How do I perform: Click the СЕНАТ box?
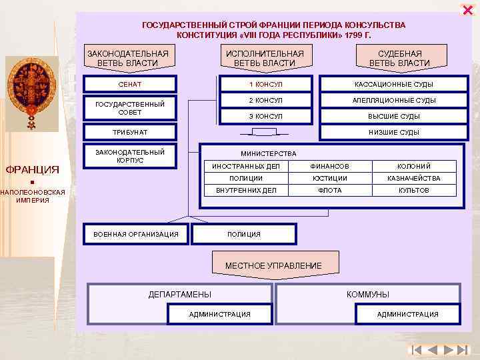coord(130,84)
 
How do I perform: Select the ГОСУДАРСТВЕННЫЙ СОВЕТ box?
coord(130,108)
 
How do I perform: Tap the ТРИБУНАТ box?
coord(130,132)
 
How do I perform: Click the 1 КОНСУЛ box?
coord(265,84)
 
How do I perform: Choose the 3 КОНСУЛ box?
coord(265,116)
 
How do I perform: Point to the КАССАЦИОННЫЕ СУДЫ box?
coord(394,84)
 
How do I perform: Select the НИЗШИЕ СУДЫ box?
coord(394,132)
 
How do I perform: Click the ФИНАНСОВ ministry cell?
coord(329,166)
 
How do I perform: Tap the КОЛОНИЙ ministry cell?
coord(414,166)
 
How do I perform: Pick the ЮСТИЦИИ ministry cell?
coord(329,178)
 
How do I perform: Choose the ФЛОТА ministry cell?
coord(329,190)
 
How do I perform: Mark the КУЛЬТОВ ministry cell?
coord(414,190)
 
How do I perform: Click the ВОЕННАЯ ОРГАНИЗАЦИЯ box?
coord(136,234)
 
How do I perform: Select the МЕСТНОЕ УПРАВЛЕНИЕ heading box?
coord(273,265)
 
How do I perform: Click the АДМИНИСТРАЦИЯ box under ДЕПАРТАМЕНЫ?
coord(220,314)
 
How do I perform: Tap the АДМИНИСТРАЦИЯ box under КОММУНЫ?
coord(408,314)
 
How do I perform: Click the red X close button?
coord(467,9)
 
